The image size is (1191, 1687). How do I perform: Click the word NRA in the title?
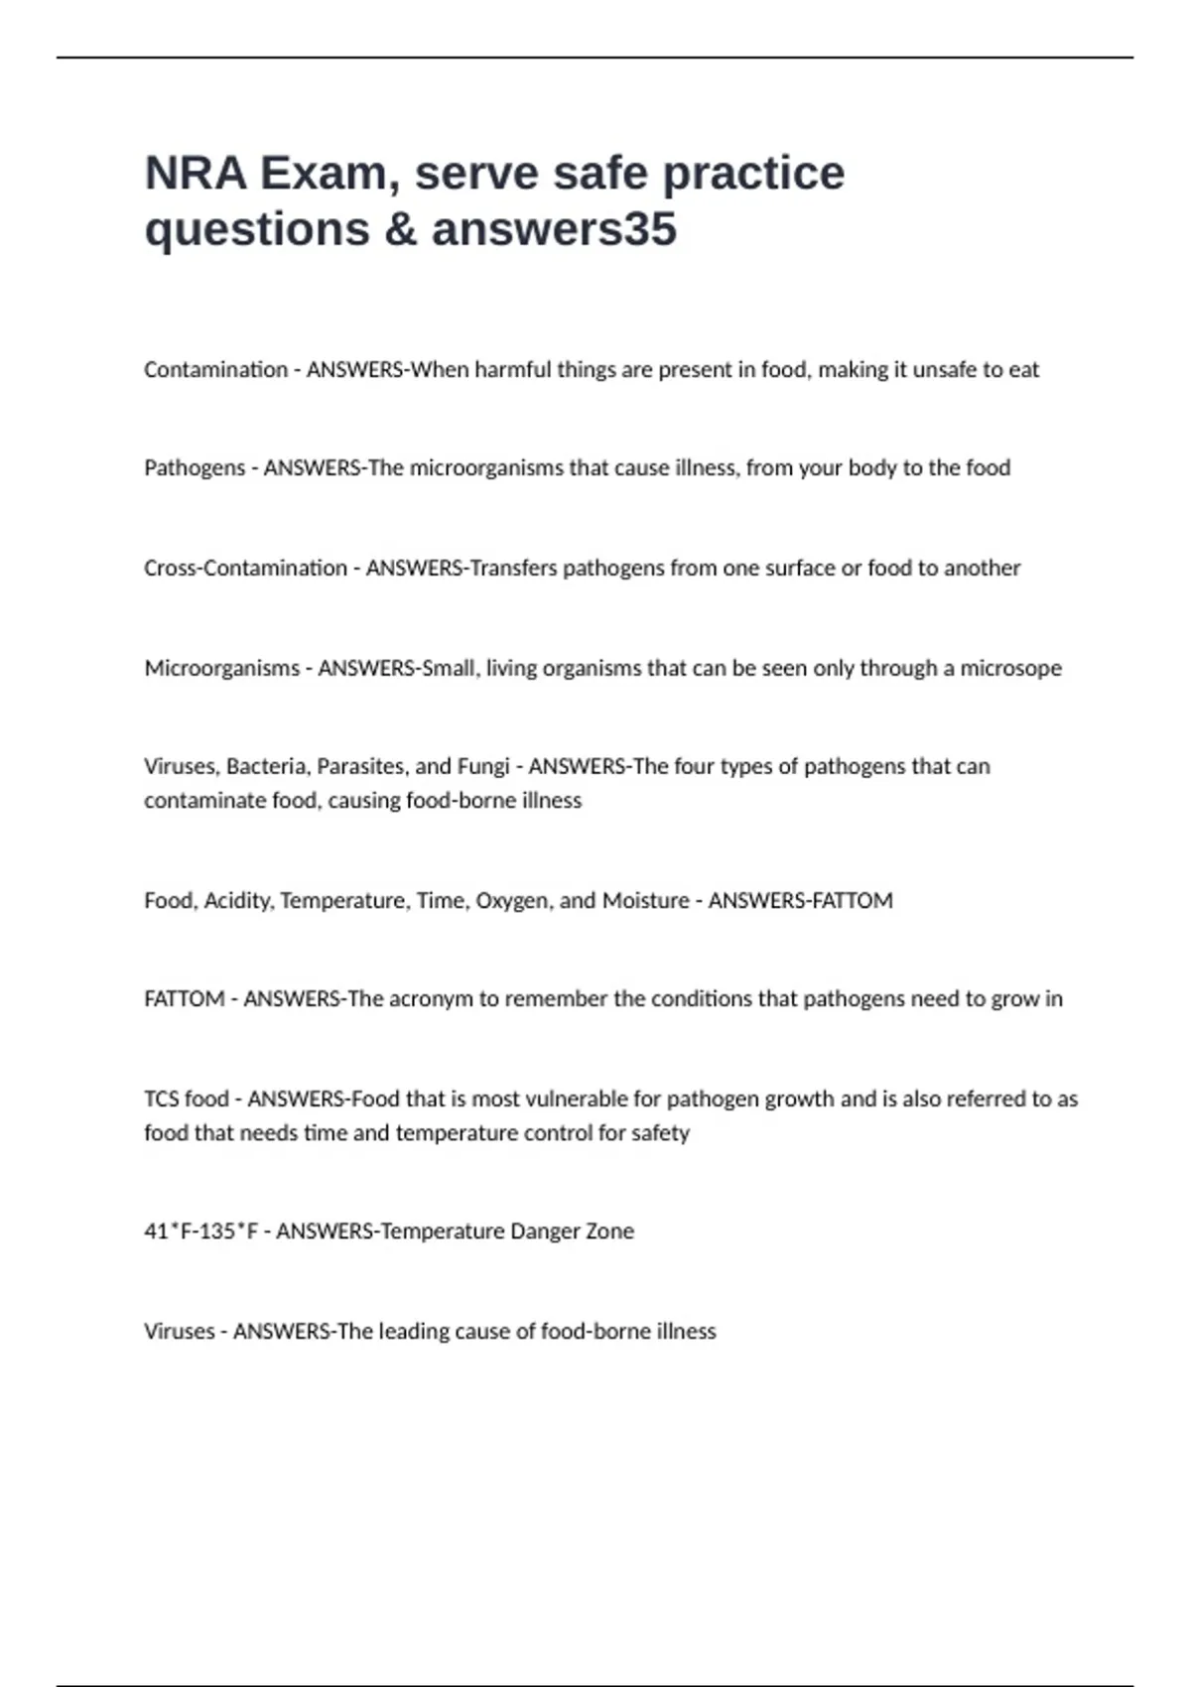click(196, 174)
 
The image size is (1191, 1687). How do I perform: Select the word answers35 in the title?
click(554, 229)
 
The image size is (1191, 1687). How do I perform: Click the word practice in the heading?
click(753, 174)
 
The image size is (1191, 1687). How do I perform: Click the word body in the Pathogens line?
click(872, 468)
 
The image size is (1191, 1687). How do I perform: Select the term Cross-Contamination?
click(245, 569)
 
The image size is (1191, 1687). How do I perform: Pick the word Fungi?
click(482, 767)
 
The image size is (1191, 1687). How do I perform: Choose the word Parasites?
click(362, 767)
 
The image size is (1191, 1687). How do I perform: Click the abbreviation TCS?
click(161, 1100)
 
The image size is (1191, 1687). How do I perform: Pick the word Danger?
click(545, 1232)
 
